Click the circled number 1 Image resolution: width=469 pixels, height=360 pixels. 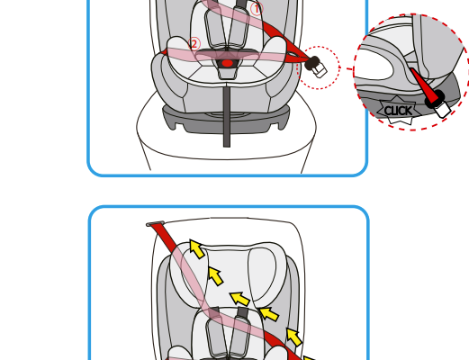pos(257,9)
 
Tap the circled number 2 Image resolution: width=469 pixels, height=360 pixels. pos(194,44)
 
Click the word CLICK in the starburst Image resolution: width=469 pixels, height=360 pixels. pos(398,111)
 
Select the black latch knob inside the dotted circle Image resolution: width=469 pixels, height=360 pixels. pos(312,63)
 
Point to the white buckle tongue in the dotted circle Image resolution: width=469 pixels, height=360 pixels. pos(320,71)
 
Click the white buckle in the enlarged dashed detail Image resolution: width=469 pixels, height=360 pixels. pos(443,109)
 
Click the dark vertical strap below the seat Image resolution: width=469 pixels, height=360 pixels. pos(227,116)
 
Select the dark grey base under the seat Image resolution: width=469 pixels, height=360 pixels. pos(227,120)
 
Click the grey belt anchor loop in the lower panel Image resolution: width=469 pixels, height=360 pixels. pos(155,224)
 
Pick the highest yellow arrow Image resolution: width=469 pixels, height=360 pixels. pos(197,248)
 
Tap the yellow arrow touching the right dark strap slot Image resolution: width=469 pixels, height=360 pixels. pos(240,299)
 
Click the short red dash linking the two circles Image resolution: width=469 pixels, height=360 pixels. pos(349,69)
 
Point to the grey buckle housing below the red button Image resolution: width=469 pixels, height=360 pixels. pos(227,73)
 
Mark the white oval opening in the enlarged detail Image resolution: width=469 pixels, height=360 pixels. pos(374,64)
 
